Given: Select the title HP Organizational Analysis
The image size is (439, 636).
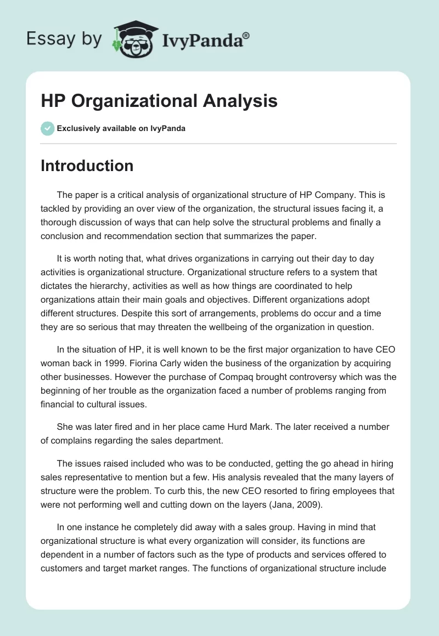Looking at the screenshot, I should (159, 101).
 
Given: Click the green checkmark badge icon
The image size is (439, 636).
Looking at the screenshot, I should (47, 128).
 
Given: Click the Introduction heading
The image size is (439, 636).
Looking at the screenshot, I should (87, 166).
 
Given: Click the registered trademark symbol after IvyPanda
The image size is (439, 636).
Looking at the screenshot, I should (246, 35).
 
